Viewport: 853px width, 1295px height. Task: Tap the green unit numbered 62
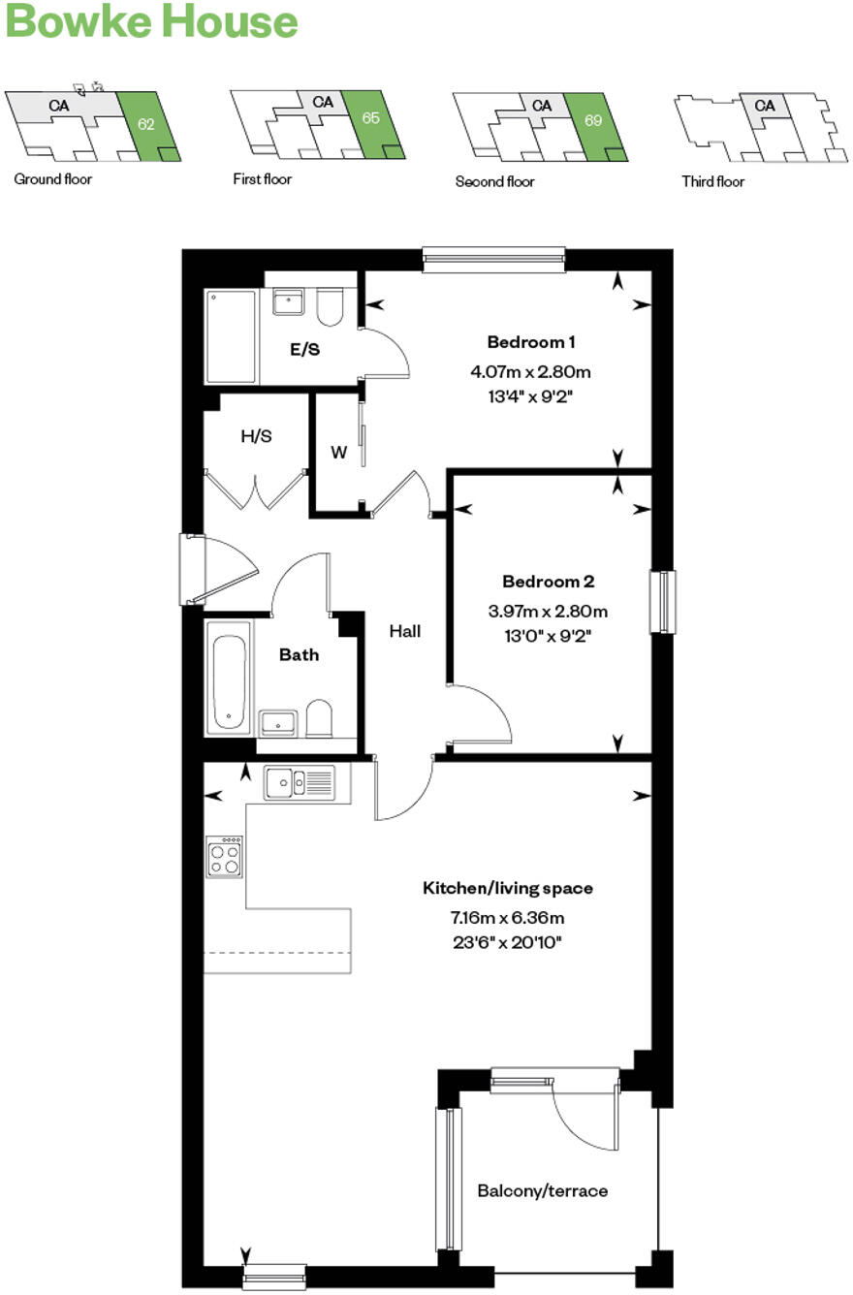[146, 124]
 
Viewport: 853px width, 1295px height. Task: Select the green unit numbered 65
[370, 118]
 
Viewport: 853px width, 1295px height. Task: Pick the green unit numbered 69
[594, 121]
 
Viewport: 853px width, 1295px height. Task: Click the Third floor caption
[712, 181]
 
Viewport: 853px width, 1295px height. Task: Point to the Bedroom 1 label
[531, 342]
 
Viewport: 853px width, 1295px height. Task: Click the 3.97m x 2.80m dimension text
[547, 612]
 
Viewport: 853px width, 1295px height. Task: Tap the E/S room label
[305, 350]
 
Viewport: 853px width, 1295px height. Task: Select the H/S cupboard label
[256, 436]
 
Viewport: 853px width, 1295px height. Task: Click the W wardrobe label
[338, 452]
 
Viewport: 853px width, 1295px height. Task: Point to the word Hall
[405, 631]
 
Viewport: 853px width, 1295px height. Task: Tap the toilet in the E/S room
[330, 307]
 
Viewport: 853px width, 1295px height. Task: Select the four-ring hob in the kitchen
[225, 857]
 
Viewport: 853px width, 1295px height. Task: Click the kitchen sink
[300, 781]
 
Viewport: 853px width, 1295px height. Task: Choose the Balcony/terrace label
[542, 1190]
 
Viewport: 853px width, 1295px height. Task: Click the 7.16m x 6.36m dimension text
[507, 917]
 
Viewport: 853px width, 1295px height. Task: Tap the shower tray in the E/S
[232, 336]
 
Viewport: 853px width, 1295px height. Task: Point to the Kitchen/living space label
[507, 888]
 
